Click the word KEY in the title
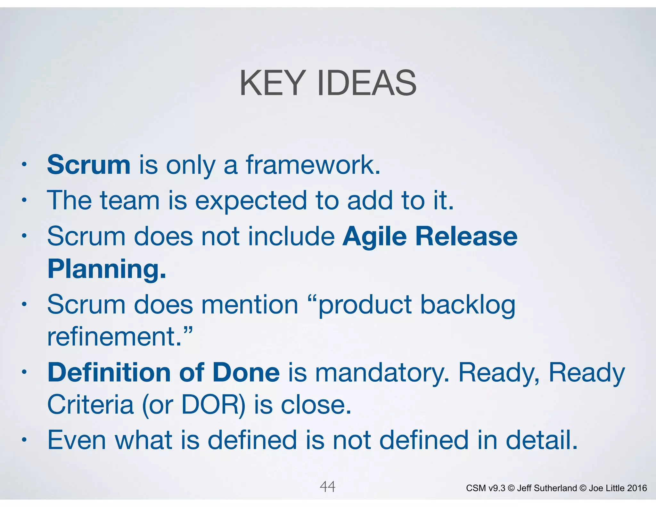[x=272, y=83]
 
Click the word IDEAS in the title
[x=367, y=83]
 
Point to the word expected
[x=251, y=201]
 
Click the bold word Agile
[x=374, y=237]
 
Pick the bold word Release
[x=466, y=237]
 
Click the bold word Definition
[x=109, y=372]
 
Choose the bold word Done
[x=246, y=372]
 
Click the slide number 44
[x=327, y=487]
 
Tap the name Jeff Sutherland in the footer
[x=547, y=488]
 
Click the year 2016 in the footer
[x=637, y=488]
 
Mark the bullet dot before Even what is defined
[x=24, y=440]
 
